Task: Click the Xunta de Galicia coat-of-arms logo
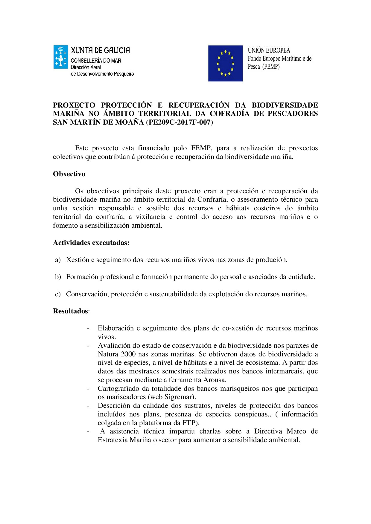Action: [x=60, y=57]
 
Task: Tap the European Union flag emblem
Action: [x=225, y=63]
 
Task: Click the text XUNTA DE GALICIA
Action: [x=100, y=50]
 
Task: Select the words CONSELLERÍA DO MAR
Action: [x=96, y=61]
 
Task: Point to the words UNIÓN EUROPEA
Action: [x=269, y=50]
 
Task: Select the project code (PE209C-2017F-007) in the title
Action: [x=180, y=122]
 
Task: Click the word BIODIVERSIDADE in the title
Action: [x=285, y=105]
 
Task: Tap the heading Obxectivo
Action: [x=69, y=174]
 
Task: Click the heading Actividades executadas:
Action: [x=91, y=243]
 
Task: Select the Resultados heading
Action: [x=71, y=311]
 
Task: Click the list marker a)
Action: [x=58, y=260]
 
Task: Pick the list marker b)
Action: [x=58, y=277]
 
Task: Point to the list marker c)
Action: [x=58, y=294]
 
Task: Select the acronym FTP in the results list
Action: [x=188, y=423]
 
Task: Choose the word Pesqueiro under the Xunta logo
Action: [x=124, y=74]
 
